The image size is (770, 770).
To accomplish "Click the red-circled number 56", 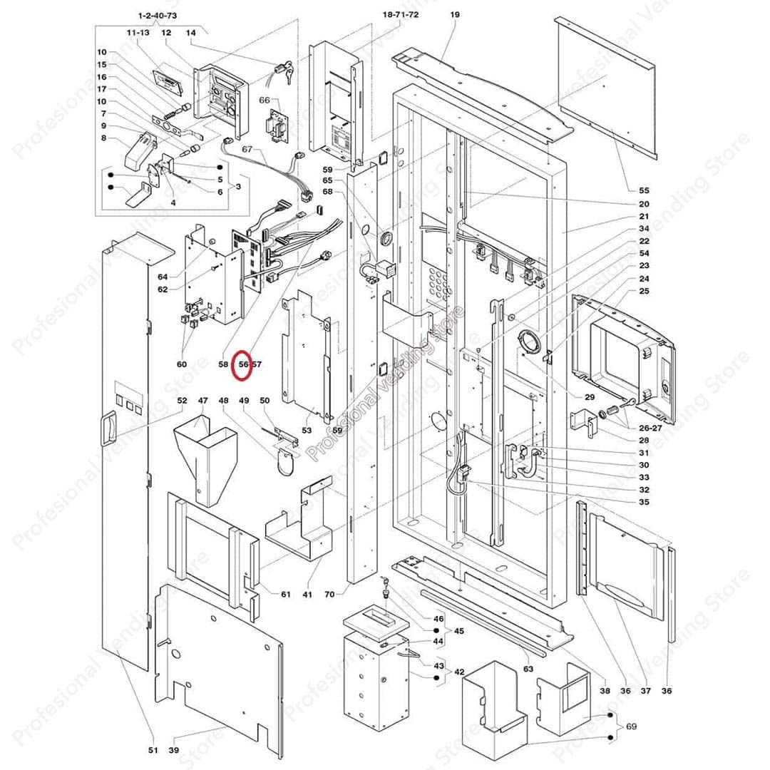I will pos(244,364).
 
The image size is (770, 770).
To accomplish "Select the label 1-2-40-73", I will pos(157,15).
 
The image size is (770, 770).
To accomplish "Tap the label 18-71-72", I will pos(400,15).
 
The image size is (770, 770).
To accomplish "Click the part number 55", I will pos(644,190).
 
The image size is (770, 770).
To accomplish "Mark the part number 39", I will pos(174,750).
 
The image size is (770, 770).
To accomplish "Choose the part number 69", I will pos(631,727).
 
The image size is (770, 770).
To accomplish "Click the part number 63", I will pos(528,669).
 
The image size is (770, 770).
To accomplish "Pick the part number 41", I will pos(308,594).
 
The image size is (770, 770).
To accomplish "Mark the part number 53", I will pos(307,430).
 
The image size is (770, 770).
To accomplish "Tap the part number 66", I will pos(264,101).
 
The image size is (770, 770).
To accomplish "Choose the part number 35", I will pos(644,502).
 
